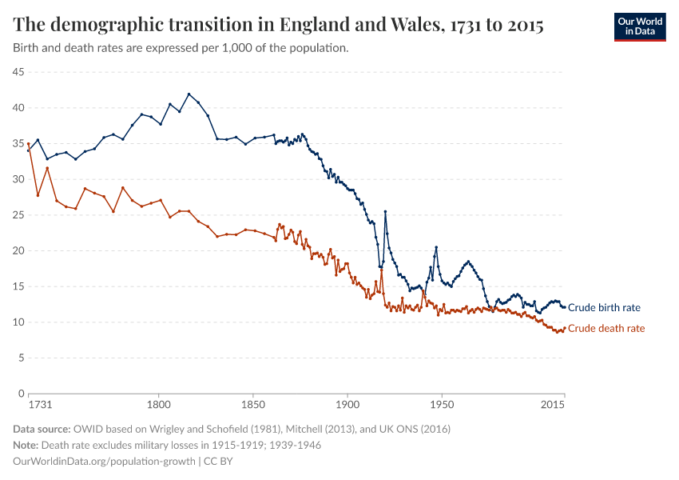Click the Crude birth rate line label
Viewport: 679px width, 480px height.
603,307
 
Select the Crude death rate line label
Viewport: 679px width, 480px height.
606,328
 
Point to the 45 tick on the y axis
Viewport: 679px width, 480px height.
18,72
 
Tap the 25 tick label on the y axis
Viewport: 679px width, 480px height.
18,215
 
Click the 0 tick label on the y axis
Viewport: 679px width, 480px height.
21,394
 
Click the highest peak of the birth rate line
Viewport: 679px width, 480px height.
189,94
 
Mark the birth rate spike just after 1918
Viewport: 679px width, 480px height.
385,211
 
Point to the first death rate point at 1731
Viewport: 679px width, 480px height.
28,144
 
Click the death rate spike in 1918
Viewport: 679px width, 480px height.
382,269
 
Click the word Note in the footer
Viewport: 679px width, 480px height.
26,445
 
